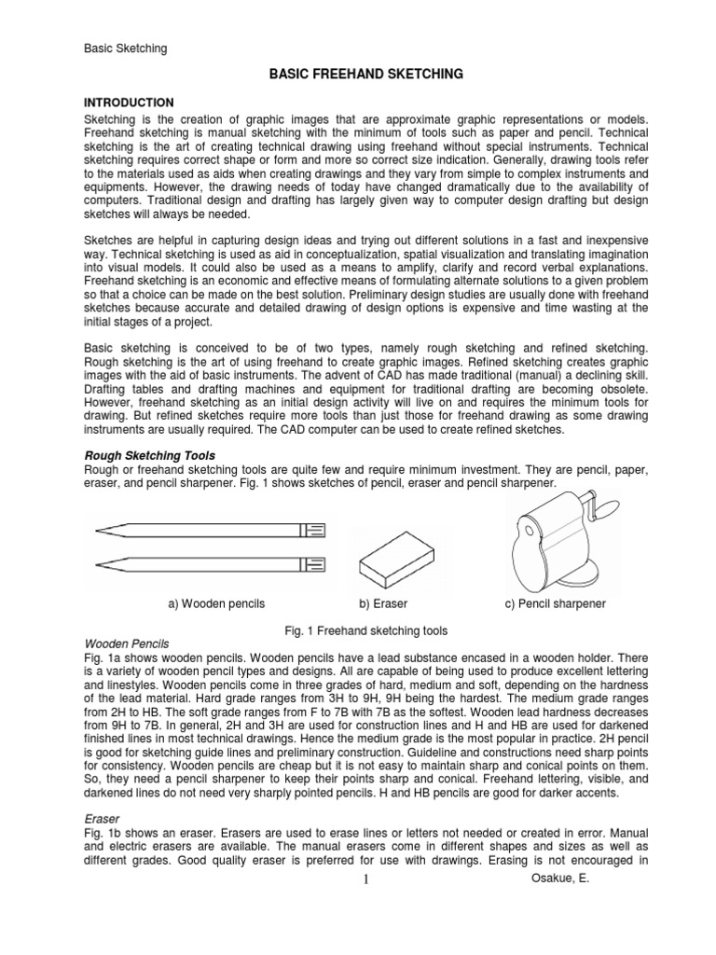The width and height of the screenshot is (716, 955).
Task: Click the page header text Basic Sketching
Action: (126, 48)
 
